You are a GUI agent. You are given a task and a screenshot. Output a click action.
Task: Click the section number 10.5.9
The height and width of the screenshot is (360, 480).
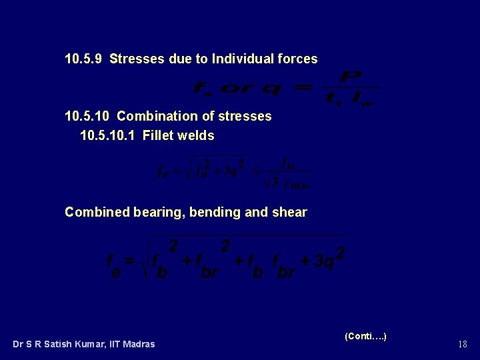tap(83, 59)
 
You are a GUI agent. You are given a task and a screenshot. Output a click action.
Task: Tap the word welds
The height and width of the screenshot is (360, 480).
tap(197, 135)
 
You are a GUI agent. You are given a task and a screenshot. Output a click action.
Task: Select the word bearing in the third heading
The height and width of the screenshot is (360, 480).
tap(158, 212)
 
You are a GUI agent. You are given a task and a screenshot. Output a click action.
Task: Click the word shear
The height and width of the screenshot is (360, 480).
tap(290, 212)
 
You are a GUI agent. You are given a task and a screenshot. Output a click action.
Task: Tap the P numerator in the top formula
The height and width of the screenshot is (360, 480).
tap(351, 78)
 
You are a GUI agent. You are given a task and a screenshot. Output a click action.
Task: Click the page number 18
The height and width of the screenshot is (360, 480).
tap(462, 344)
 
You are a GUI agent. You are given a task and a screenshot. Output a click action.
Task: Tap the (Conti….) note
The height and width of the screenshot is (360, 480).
tap(365, 336)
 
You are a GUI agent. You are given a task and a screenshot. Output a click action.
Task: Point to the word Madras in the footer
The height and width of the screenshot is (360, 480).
tap(139, 344)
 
